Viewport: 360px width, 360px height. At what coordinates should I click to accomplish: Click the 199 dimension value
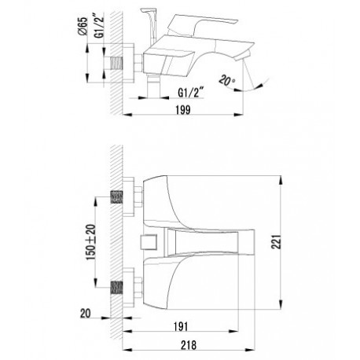coord(183,110)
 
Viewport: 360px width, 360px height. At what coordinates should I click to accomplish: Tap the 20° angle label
coord(227,80)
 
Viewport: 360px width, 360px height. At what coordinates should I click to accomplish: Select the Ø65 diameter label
coord(83,26)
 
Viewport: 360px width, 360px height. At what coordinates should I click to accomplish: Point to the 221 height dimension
coord(277,242)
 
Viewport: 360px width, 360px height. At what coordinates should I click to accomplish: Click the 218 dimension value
coord(189,345)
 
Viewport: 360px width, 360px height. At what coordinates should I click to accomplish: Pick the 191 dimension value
coord(181,326)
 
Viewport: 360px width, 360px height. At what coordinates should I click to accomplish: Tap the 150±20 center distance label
coord(91,242)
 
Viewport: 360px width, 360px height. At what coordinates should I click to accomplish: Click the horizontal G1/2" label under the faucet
coord(191,93)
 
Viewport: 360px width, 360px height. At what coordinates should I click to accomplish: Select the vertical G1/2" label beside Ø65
coord(99,27)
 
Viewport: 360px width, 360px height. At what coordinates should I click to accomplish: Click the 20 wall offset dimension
coord(86,313)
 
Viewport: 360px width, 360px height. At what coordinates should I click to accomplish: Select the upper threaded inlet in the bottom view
coord(117,197)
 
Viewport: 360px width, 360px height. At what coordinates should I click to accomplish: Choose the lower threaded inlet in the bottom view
coord(117,288)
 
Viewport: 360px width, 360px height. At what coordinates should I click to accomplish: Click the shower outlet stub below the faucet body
coord(153,86)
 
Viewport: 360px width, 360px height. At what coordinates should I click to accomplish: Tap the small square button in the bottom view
coord(149,242)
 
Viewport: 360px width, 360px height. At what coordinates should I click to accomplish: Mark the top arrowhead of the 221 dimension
coord(281,180)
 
